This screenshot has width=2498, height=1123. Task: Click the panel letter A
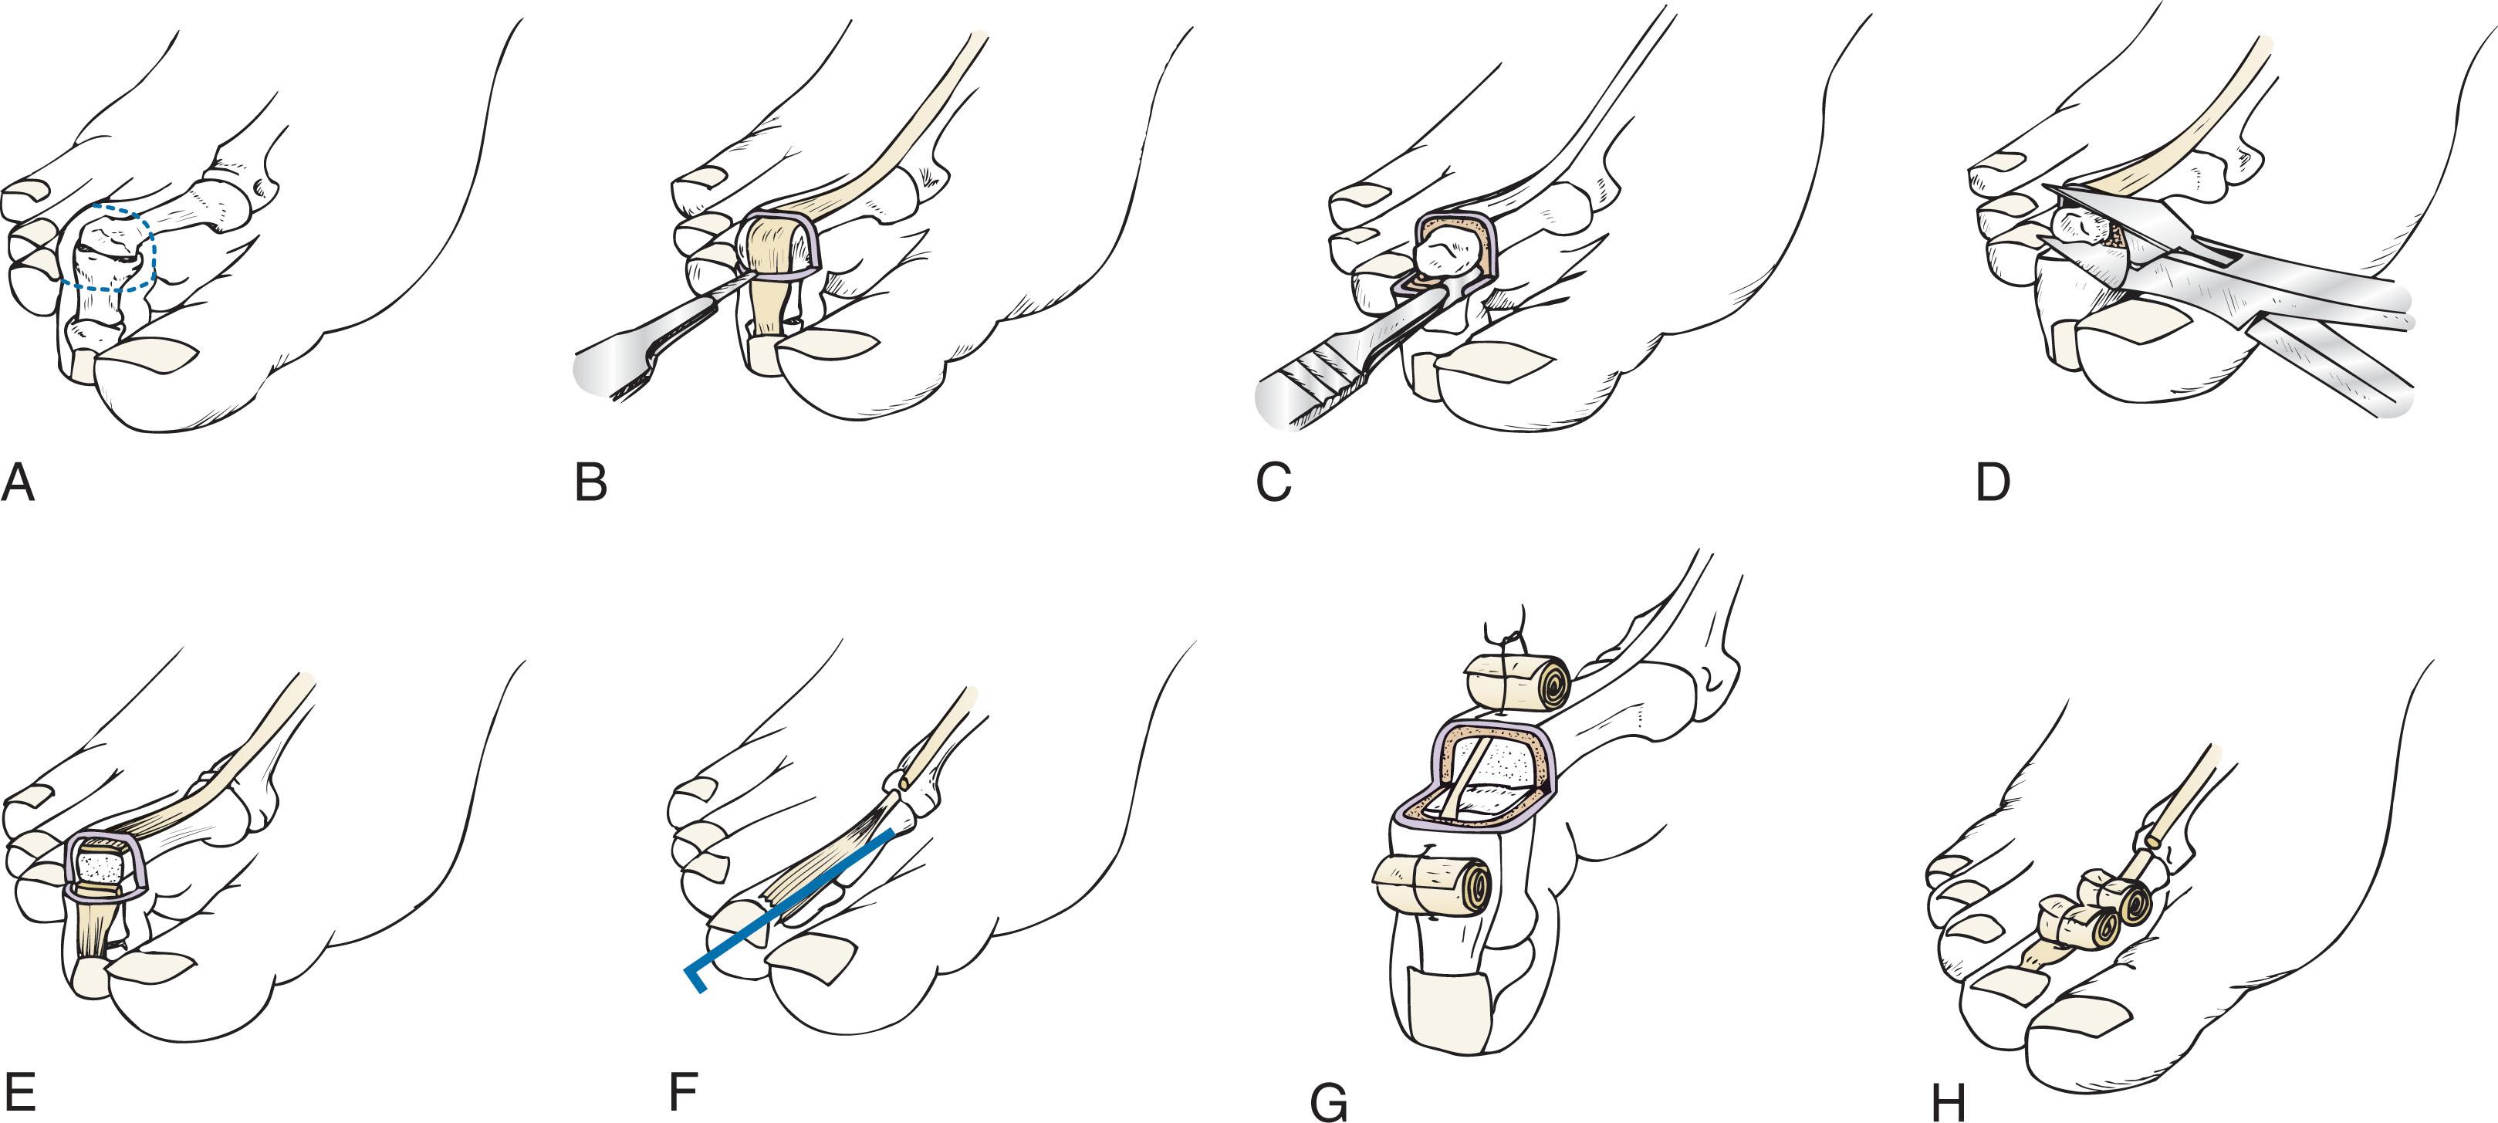pos(19,482)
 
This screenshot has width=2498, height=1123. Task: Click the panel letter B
pos(590,482)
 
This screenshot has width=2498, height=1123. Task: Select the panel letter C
pos(1273,482)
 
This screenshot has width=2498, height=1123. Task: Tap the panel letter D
pos(1992,482)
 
